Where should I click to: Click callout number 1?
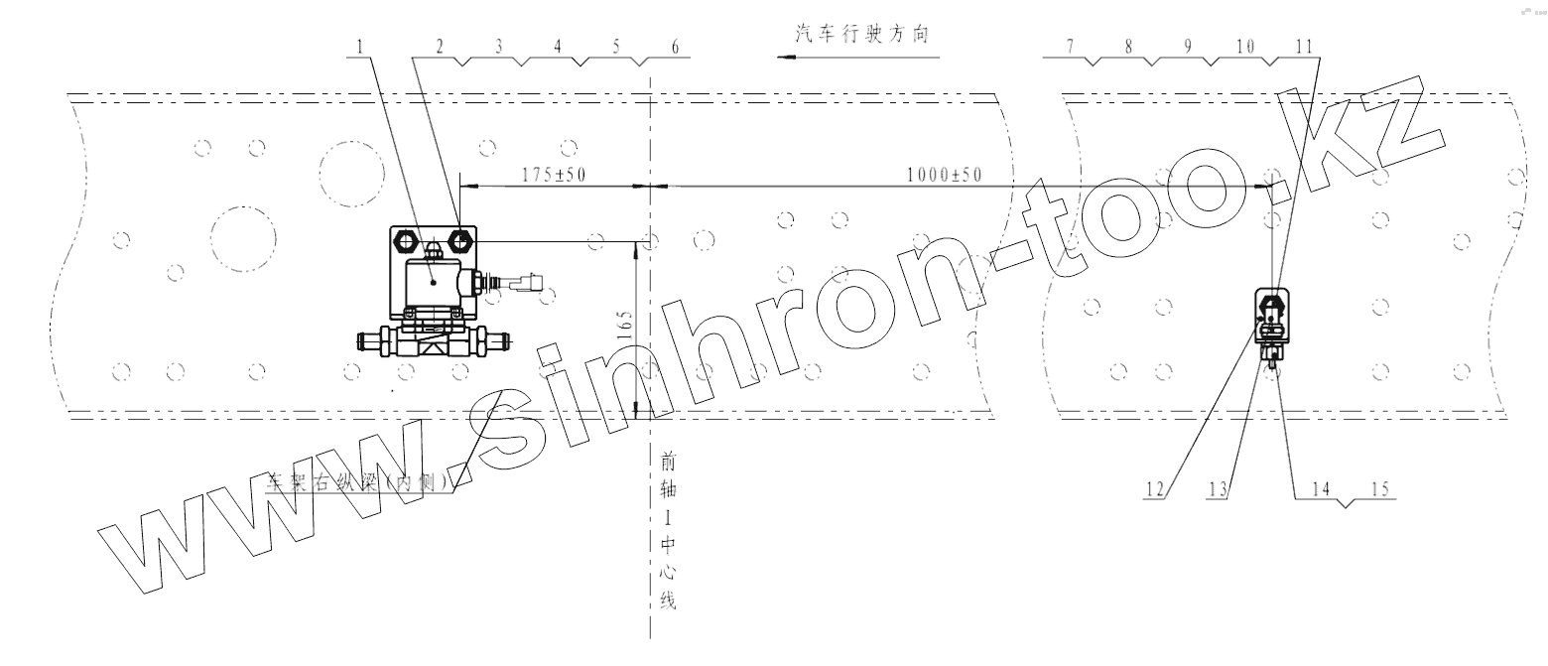tap(359, 47)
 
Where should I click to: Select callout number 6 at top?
tap(675, 47)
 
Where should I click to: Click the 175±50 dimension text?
tap(555, 175)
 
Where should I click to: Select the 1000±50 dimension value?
tap(944, 175)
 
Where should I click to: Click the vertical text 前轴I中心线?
tap(669, 531)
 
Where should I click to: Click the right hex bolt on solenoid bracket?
tap(462, 239)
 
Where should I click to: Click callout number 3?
tap(499, 47)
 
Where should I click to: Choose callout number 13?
tap(1219, 488)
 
